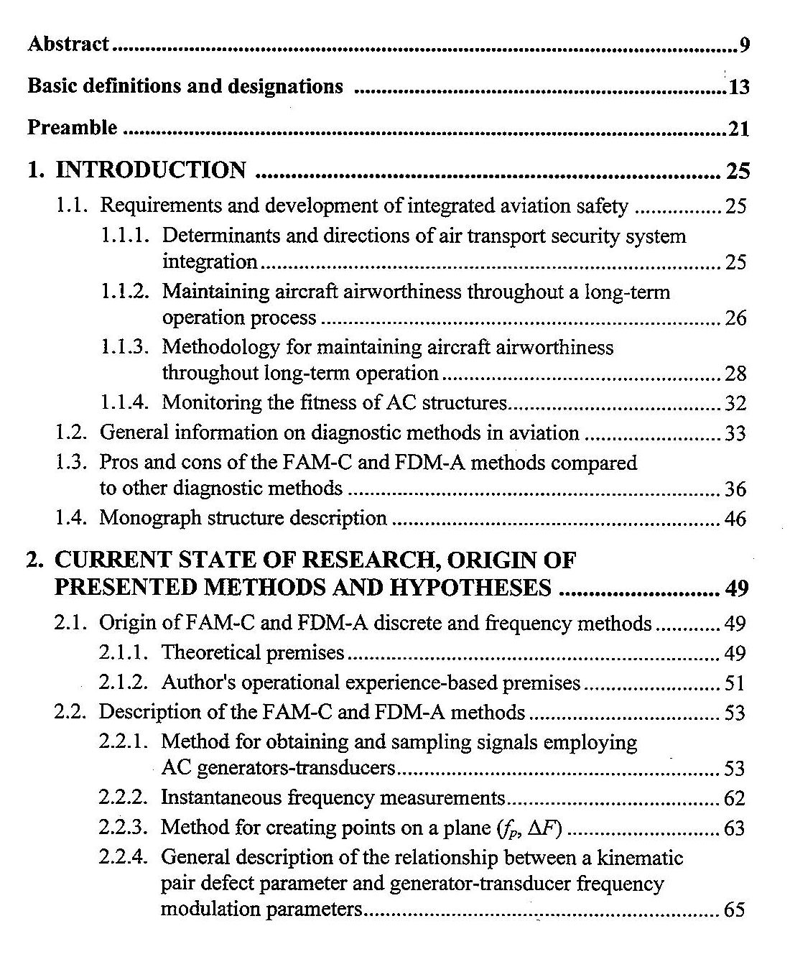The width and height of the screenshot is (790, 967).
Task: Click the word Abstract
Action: (68, 45)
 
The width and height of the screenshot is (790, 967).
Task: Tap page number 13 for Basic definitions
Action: (739, 88)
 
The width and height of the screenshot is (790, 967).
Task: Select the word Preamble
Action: (72, 129)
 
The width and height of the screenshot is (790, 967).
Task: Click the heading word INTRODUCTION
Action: (151, 171)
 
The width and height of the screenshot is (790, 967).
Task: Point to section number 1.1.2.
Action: (125, 292)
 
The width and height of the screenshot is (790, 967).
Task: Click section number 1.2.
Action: (72, 433)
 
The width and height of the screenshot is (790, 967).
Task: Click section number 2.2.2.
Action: (124, 797)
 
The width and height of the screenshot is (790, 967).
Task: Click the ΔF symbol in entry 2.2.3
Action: (544, 828)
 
